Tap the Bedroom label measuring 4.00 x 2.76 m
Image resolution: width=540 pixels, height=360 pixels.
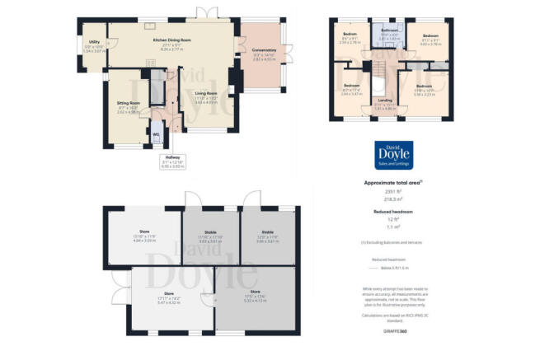pyautogui.click(x=434, y=37)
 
